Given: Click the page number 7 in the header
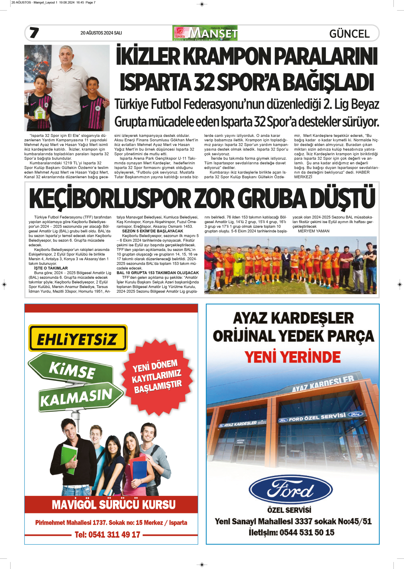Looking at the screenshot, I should [34, 33].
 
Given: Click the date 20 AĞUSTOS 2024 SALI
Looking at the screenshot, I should [101, 33].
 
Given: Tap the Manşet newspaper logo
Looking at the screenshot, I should [205, 33].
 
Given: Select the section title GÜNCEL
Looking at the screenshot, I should [349, 34].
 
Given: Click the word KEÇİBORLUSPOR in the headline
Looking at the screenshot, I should [110, 198].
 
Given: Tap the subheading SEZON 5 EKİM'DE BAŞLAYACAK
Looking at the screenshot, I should [153, 231].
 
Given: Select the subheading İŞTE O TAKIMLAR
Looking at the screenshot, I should [51, 268].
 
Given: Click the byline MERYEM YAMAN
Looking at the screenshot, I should [313, 231].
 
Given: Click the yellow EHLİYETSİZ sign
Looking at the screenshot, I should [78, 338].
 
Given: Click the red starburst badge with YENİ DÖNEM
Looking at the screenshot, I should [157, 376].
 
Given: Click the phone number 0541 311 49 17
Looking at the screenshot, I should [107, 535].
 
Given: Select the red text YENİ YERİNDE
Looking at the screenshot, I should [292, 357].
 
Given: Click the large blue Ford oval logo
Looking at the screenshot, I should [290, 490].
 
